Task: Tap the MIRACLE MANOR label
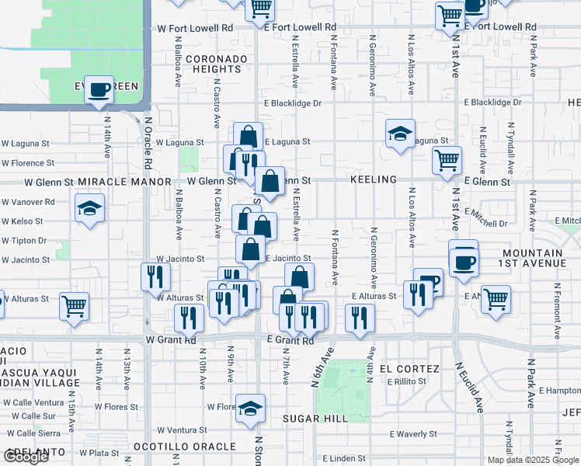pyautogui.click(x=124, y=181)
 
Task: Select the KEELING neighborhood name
pyautogui.click(x=374, y=179)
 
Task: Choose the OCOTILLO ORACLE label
pyautogui.click(x=184, y=447)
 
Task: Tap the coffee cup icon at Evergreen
pyautogui.click(x=99, y=91)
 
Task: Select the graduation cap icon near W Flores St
pyautogui.click(x=251, y=408)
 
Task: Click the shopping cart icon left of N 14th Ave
pyautogui.click(x=75, y=306)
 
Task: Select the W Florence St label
pyautogui.click(x=27, y=163)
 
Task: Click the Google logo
pyautogui.click(x=26, y=457)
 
